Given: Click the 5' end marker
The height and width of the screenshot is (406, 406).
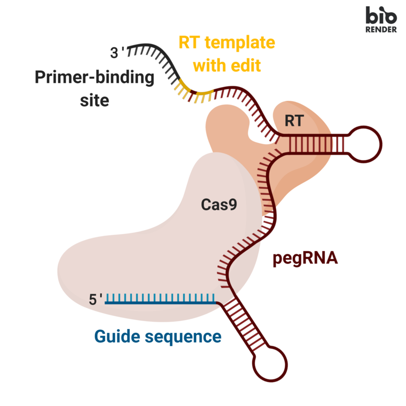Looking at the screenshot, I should pyautogui.click(x=96, y=299).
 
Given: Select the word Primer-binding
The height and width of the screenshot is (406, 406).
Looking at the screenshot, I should pyautogui.click(x=94, y=78).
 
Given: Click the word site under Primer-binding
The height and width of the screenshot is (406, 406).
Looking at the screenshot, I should pyautogui.click(x=94, y=100).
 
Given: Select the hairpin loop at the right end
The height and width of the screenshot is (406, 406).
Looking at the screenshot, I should pyautogui.click(x=365, y=144).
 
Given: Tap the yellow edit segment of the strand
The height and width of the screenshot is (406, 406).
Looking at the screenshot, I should pyautogui.click(x=195, y=92).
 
